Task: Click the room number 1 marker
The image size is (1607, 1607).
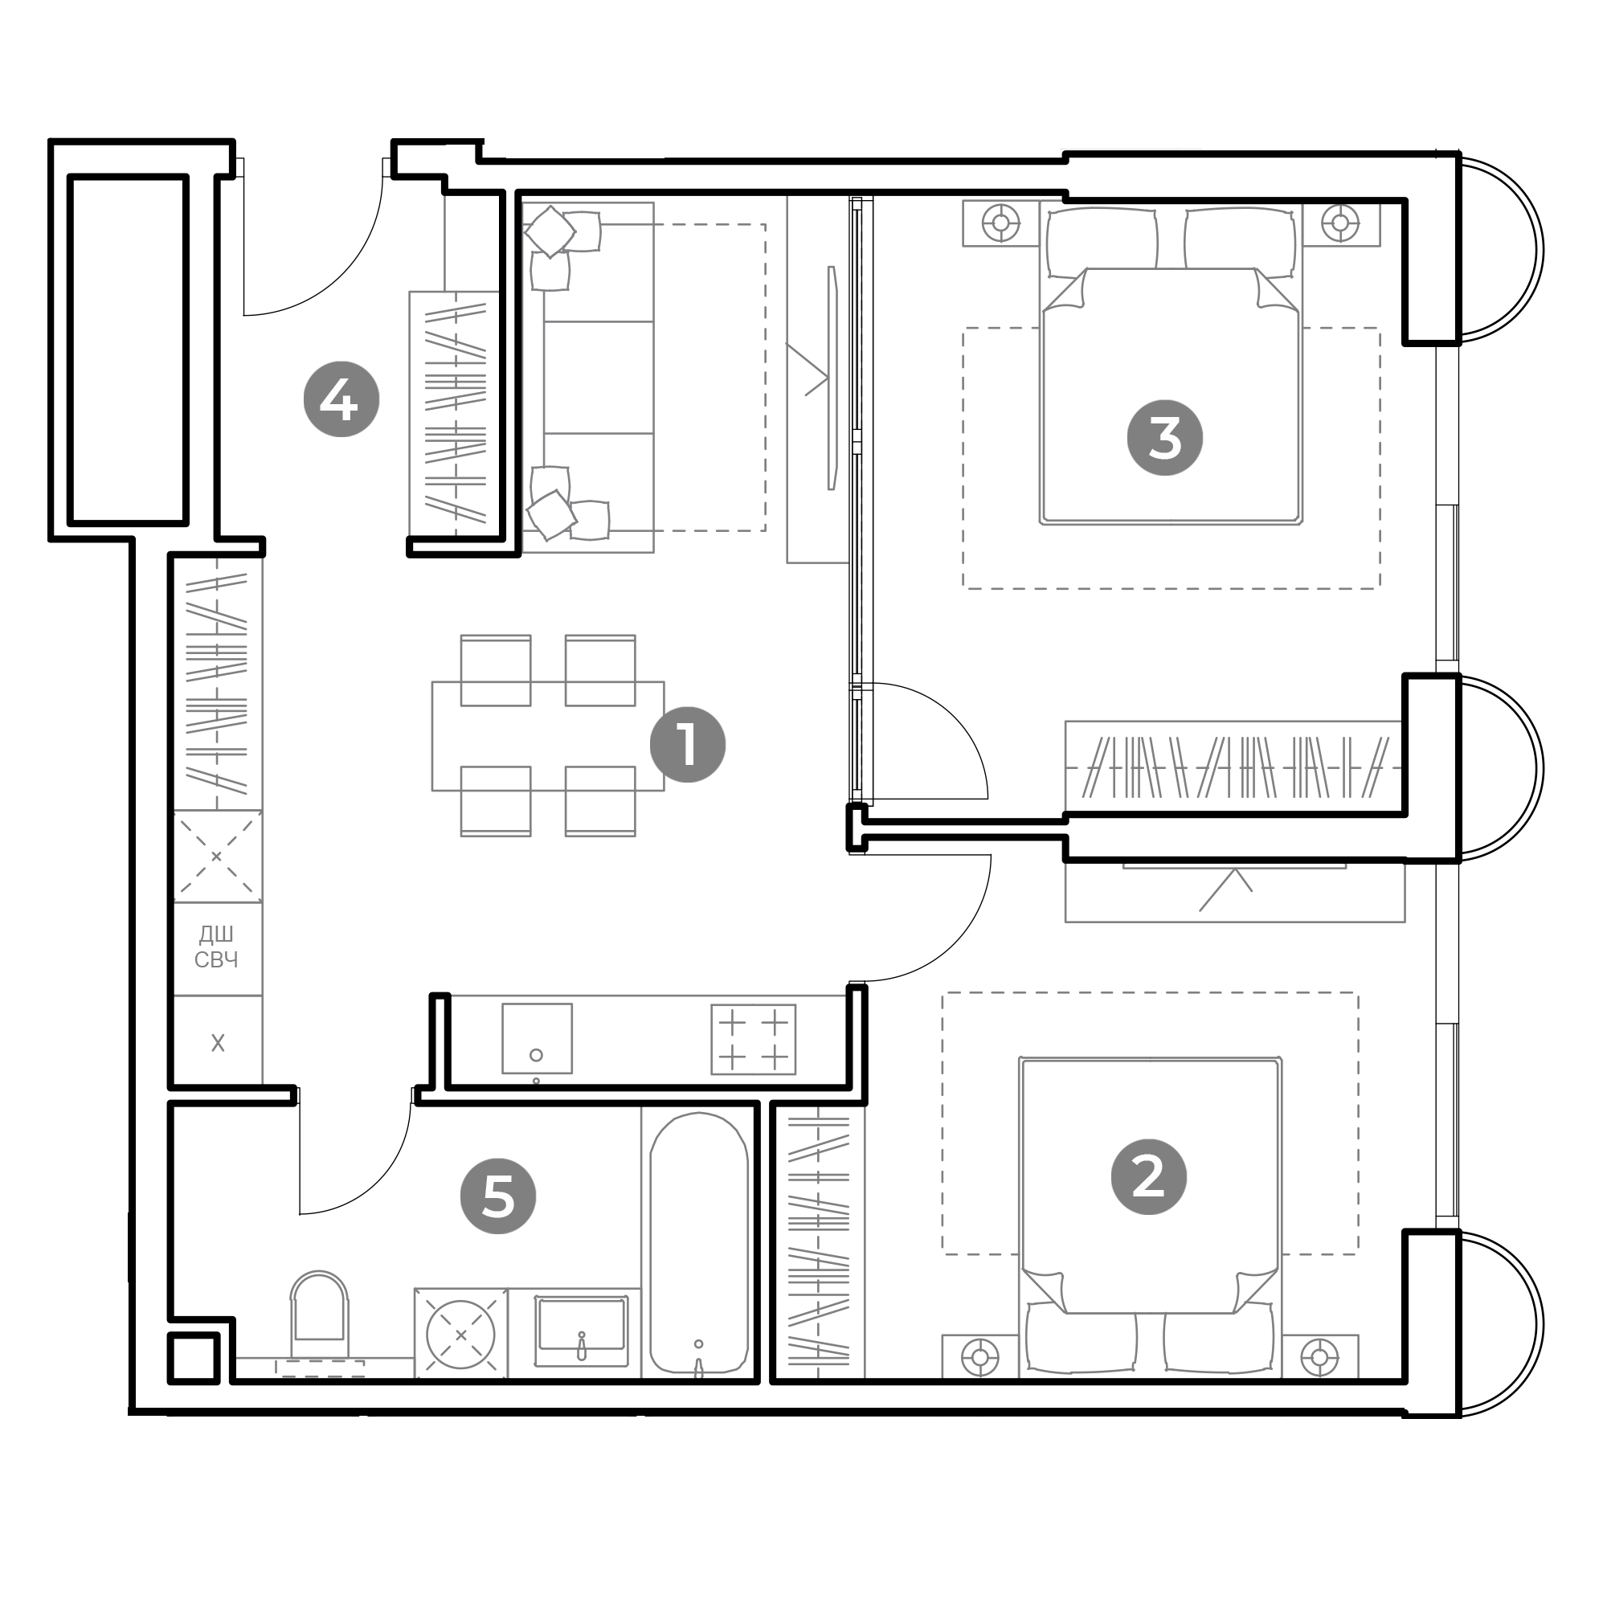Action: coord(687,745)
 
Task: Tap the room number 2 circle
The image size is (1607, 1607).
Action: coord(1149,1177)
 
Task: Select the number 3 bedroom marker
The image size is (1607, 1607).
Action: coord(1164,438)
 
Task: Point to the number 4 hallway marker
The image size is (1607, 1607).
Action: coord(341,399)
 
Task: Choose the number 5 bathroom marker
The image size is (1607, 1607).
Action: coord(498,1197)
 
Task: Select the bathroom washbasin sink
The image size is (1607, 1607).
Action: coord(582,1330)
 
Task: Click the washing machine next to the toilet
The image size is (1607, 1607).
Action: coord(460,1334)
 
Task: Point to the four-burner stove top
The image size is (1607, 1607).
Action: coord(754,1040)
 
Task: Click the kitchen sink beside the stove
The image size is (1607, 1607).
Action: coord(538,1039)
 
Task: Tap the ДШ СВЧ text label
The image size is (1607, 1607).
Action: coord(216,947)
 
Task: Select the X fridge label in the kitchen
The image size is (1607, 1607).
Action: coord(218,1043)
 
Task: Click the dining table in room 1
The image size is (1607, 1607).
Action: coord(548,736)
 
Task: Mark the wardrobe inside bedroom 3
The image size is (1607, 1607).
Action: coord(1233,767)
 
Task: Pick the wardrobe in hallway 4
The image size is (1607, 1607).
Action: coord(454,412)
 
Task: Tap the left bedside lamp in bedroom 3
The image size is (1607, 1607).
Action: coord(1001,223)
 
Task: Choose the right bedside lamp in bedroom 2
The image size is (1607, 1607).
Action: coord(1319,1358)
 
